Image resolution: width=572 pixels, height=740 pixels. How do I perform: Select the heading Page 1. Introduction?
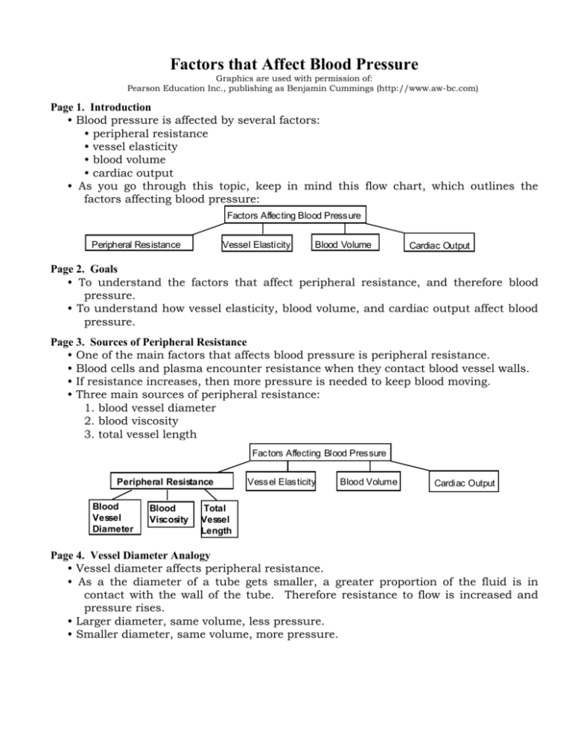point(98,107)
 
